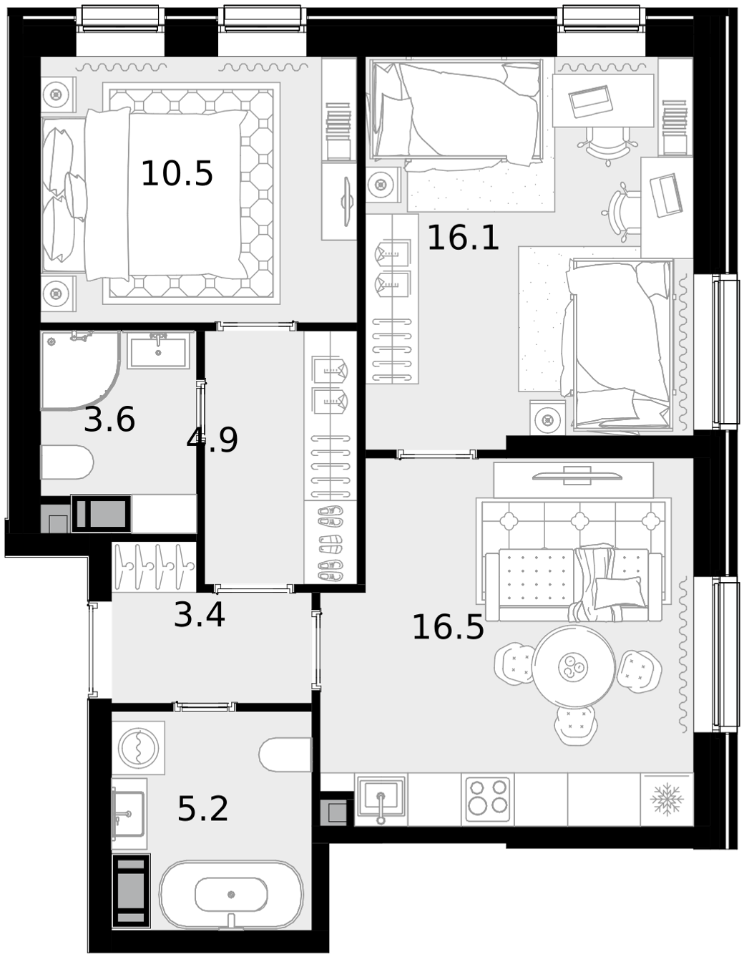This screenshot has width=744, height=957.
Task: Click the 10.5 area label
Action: coord(177,173)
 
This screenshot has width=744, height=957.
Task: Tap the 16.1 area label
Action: coord(463,238)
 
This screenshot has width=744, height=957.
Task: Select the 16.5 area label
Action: coord(448,627)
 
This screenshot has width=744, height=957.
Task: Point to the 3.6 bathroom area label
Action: coord(109,419)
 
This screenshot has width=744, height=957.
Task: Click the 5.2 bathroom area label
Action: coord(203,809)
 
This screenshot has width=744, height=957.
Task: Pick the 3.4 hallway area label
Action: coord(200,615)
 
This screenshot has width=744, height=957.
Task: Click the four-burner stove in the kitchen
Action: coord(488,799)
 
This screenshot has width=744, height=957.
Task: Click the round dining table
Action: coord(573,666)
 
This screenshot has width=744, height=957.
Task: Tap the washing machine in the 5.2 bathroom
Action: coord(139,748)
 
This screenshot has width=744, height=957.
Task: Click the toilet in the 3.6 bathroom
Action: coord(67,462)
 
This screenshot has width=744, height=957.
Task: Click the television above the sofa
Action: coord(577,477)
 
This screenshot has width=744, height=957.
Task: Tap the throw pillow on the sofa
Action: coord(620,592)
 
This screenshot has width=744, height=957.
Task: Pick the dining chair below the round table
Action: coord(575,726)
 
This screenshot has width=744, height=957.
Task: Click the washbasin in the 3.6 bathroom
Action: coord(159,350)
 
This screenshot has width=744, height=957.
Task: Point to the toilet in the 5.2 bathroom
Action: coord(285,755)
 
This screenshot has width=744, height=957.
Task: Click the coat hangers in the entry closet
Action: coord(155,567)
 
